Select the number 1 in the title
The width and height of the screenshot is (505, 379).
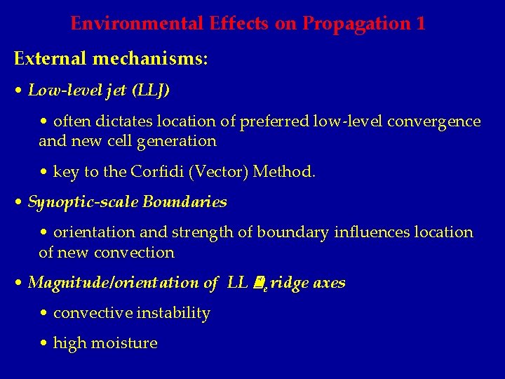coord(420,23)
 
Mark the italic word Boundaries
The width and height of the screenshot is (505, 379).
coord(184,202)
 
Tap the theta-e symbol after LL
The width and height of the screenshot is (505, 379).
coord(258,284)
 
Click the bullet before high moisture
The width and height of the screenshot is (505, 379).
coord(44,344)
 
